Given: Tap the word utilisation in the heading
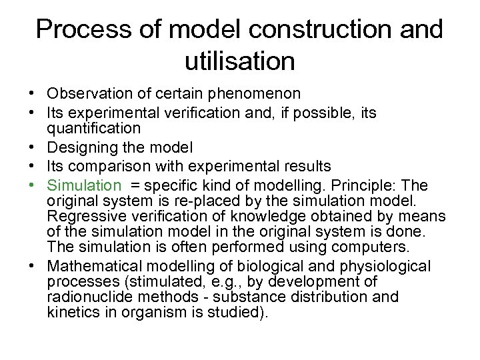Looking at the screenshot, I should pos(239,61).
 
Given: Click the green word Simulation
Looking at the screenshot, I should pos(85,185).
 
